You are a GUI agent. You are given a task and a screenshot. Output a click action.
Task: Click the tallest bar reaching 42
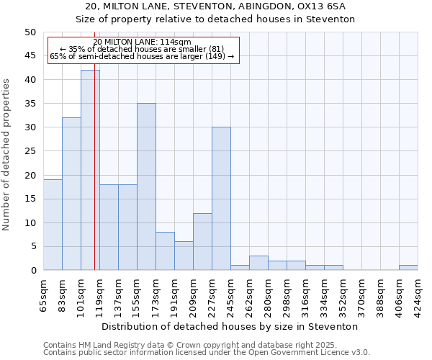pyautogui.click(x=90, y=170)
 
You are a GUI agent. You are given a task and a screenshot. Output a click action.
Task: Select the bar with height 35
pyautogui.click(x=146, y=186)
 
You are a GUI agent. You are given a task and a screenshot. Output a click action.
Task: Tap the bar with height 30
pyautogui.click(x=221, y=199)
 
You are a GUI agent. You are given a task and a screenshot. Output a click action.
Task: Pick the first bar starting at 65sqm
pyautogui.click(x=53, y=225)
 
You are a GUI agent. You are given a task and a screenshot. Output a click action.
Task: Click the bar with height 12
pyautogui.click(x=202, y=241)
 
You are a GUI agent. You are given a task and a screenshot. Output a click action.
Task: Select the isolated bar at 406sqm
pyautogui.click(x=408, y=268)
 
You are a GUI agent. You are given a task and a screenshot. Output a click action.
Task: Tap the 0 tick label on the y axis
pyautogui.click(x=32, y=271)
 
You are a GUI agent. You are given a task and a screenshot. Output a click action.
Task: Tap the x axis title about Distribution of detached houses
pyautogui.click(x=230, y=326)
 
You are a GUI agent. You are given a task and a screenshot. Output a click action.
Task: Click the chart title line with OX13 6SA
pyautogui.click(x=216, y=6)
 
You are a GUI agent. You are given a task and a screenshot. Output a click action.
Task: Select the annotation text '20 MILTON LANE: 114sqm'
pyautogui.click(x=143, y=42)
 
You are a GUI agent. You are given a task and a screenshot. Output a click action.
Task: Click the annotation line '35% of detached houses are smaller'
pyautogui.click(x=143, y=49)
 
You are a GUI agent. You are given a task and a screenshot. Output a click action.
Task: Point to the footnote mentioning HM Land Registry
pyautogui.click(x=206, y=345)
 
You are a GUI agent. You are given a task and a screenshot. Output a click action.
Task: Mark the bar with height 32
pyautogui.click(x=71, y=194)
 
